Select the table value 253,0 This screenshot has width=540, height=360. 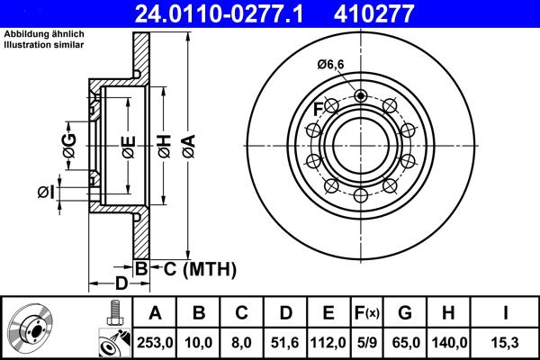156,343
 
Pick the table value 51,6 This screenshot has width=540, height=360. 285,343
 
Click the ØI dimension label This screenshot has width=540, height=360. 47,192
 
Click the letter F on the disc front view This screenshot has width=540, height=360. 318,111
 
